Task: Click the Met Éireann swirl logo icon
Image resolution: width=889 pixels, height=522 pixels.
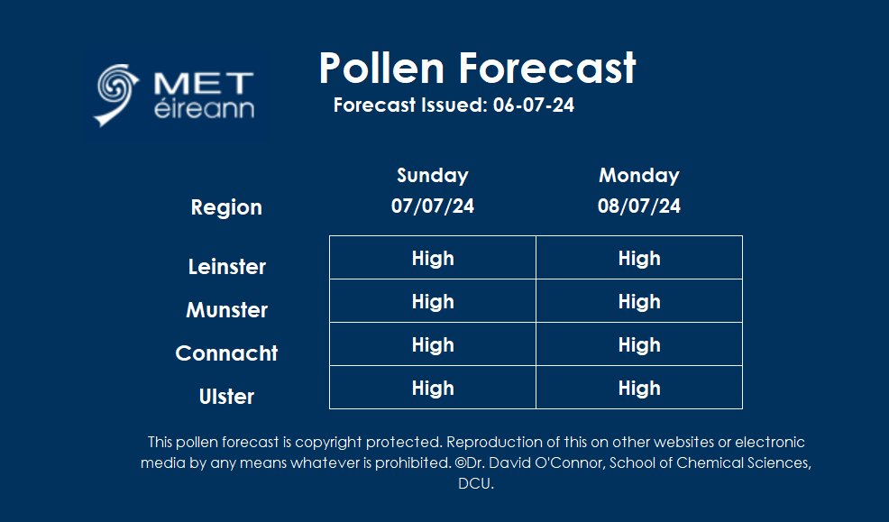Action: pos(118,93)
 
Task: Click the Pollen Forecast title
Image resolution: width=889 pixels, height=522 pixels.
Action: pos(477,68)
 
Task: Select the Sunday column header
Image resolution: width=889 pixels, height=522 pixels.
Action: pos(433,175)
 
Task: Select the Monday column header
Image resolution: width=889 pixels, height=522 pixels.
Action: pos(639,175)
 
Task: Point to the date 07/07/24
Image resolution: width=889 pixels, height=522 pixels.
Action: pos(433,206)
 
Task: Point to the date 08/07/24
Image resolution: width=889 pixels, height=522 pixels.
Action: pos(639,206)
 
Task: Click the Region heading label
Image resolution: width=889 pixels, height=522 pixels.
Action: pos(226,207)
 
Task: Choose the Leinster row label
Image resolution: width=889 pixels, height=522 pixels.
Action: pos(227,267)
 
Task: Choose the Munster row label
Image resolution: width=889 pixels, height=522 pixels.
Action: pos(227,310)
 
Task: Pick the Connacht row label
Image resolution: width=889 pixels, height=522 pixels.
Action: pos(227,353)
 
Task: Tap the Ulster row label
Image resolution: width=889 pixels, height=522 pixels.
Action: pos(227,397)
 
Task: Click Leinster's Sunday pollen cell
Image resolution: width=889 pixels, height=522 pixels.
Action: pos(433,258)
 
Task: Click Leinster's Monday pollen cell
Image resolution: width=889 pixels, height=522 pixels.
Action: pos(639,258)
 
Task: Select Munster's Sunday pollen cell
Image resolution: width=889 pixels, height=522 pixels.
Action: pos(433,301)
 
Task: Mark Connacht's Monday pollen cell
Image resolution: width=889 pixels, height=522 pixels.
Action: pos(639,344)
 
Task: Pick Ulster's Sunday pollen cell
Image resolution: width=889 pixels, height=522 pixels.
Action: pos(433,388)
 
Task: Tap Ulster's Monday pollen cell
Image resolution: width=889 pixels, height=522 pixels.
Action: pos(639,388)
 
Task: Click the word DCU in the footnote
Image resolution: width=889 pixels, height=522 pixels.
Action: pos(475,483)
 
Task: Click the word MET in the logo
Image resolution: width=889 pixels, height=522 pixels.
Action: pos(203,84)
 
